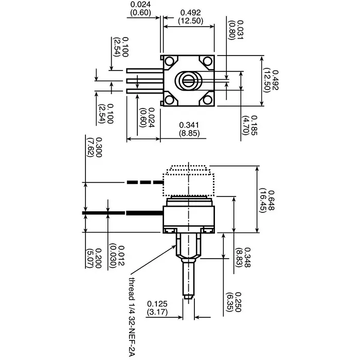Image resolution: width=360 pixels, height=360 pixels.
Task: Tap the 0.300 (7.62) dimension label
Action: [96, 148]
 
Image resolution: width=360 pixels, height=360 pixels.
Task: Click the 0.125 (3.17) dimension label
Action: [157, 308]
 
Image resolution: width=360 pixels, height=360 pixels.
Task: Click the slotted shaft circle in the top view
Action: [188, 80]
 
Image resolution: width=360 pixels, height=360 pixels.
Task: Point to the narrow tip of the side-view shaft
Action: [188, 295]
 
